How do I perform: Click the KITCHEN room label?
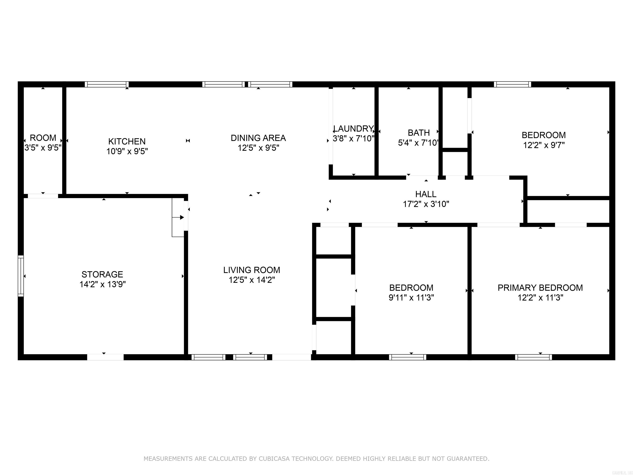click(x=127, y=141)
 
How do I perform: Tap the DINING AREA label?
click(x=258, y=138)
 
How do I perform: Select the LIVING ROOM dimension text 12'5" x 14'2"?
click(x=252, y=280)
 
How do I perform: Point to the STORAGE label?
click(x=102, y=274)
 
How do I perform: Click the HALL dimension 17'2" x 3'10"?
click(x=426, y=204)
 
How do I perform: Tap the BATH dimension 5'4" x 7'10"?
click(x=418, y=143)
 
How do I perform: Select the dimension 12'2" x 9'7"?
click(x=544, y=145)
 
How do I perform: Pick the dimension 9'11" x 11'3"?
click(x=411, y=297)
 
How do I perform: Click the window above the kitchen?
click(x=107, y=84)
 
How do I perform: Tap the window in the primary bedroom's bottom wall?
click(x=533, y=357)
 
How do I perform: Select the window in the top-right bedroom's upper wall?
click(x=512, y=84)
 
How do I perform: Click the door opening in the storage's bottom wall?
click(x=105, y=357)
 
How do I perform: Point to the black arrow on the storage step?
click(x=182, y=217)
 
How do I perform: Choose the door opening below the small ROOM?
click(x=43, y=196)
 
